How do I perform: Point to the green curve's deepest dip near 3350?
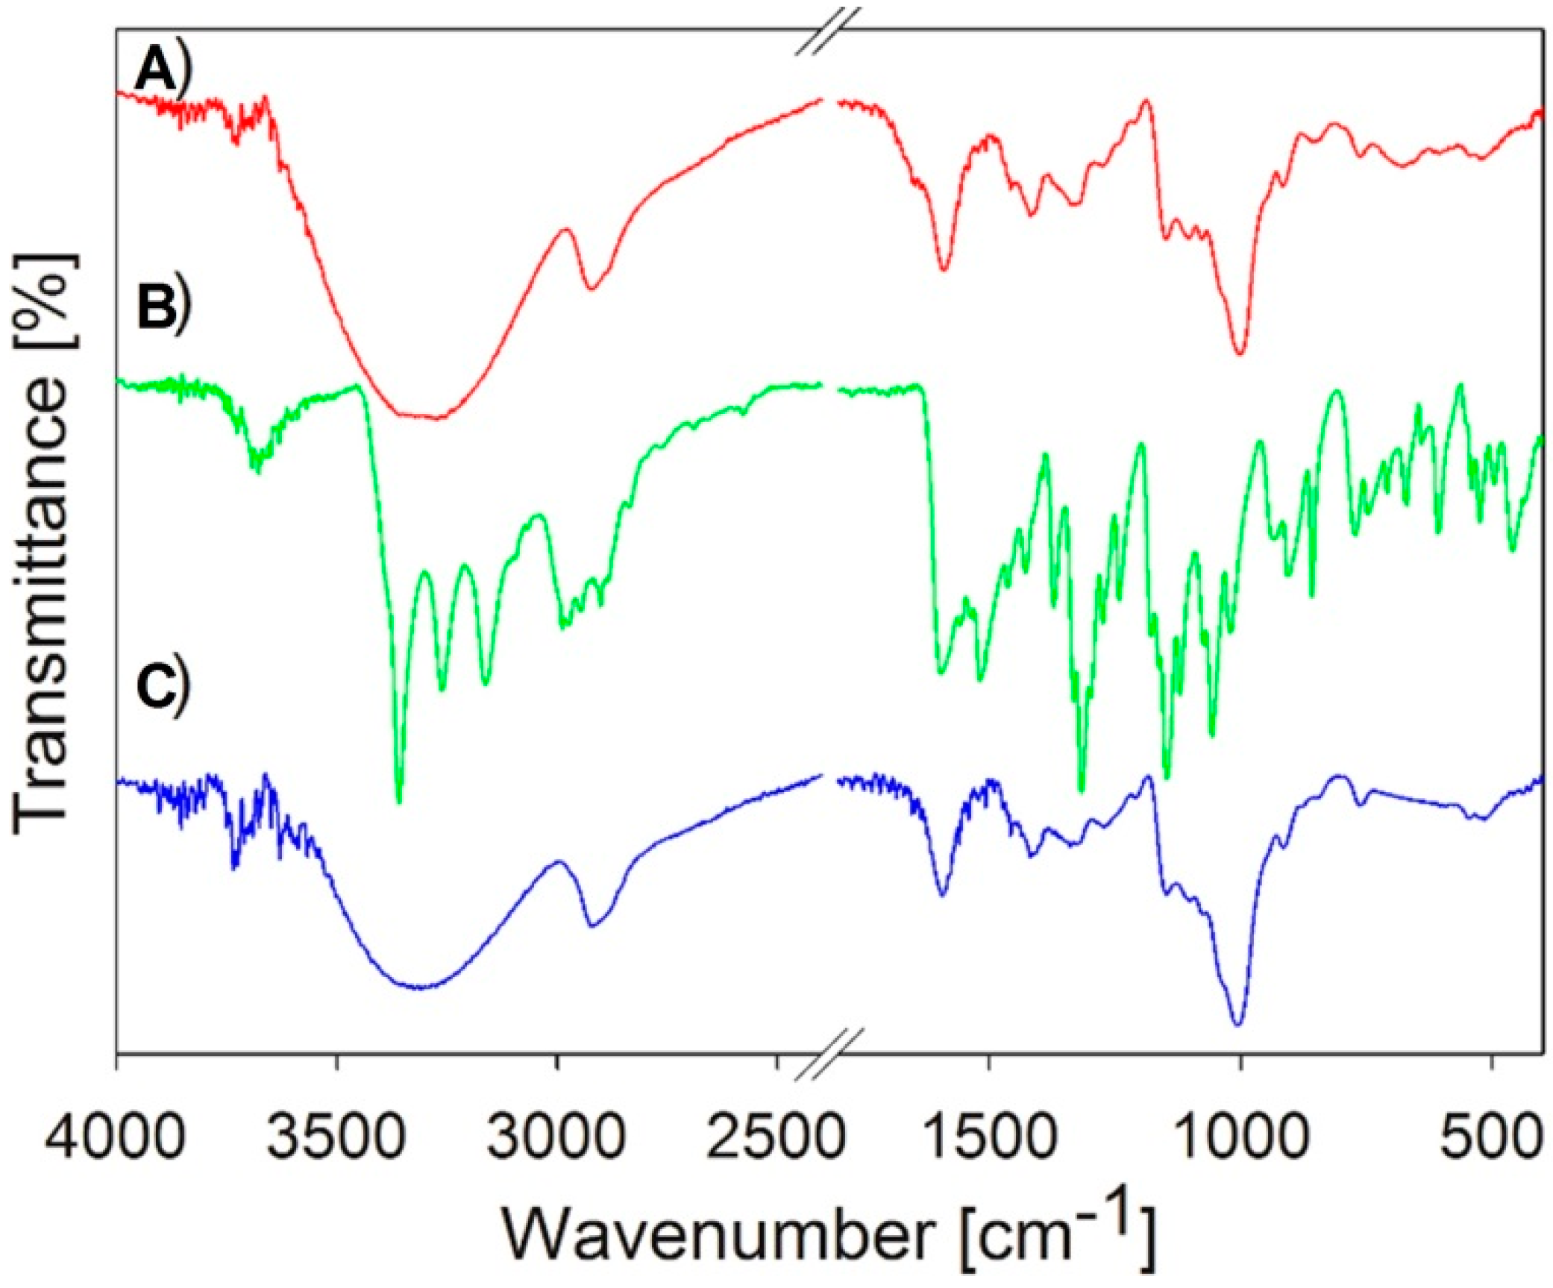pos(399,802)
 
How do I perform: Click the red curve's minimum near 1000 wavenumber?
pos(1239,354)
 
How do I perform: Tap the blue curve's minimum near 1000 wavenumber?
pos(1237,1024)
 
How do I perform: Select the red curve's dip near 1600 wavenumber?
pos(944,269)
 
